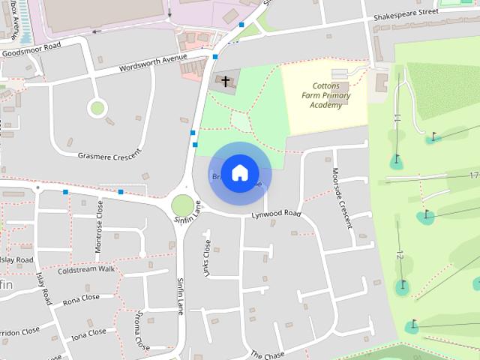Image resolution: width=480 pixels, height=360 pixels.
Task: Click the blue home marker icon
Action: click(239, 172)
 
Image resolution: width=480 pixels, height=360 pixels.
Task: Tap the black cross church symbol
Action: click(224, 80)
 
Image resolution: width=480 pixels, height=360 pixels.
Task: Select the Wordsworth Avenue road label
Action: click(152, 65)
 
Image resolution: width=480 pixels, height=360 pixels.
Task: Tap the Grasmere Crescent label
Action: click(109, 155)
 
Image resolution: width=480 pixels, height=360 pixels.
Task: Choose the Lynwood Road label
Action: click(276, 214)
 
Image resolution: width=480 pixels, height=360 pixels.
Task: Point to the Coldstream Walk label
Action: click(85, 268)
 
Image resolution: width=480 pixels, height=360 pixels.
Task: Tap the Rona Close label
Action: click(81, 298)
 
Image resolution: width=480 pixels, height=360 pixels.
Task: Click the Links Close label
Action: click(208, 259)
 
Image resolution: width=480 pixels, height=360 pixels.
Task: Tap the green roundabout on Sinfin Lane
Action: click(181, 204)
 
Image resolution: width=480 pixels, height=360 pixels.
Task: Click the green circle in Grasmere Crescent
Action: click(97, 108)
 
